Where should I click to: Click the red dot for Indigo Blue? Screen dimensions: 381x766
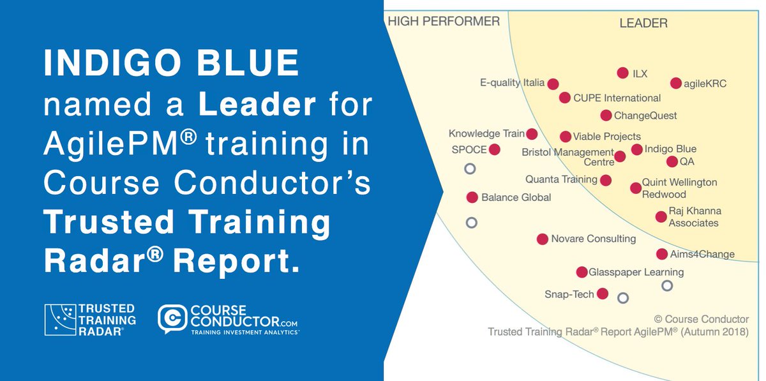click(x=636, y=149)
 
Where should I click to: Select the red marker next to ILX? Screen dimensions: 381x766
click(x=623, y=73)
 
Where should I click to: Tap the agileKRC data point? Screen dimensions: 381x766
click(x=676, y=83)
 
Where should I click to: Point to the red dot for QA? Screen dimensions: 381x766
click(x=672, y=161)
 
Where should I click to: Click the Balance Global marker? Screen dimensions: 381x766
click(x=472, y=197)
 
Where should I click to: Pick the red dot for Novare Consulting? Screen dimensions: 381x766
click(x=543, y=239)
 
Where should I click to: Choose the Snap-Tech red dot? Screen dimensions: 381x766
click(x=602, y=294)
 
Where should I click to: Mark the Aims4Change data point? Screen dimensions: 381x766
click(x=662, y=254)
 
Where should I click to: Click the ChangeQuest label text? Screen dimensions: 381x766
click(x=645, y=116)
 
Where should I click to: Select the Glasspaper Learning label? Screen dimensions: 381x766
click(x=636, y=272)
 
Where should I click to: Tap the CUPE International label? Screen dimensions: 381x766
click(x=617, y=98)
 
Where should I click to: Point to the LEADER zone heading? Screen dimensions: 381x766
click(x=643, y=24)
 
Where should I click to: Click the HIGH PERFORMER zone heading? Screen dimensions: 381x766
click(x=444, y=22)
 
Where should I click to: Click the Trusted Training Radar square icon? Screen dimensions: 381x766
click(x=59, y=320)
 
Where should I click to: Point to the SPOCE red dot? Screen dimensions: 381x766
click(x=494, y=150)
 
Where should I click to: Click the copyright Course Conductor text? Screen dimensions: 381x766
click(x=701, y=318)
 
